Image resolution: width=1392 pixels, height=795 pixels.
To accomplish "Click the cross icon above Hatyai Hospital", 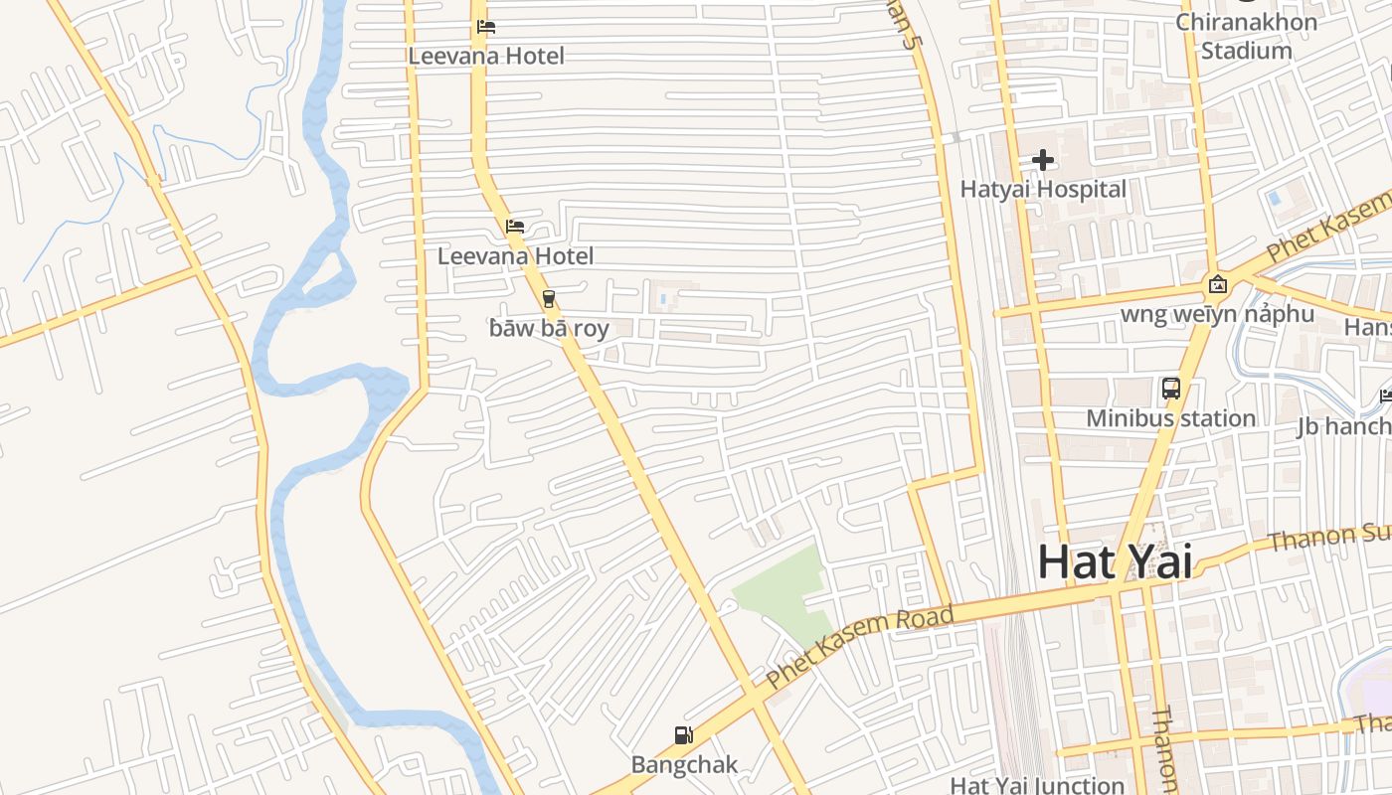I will pyautogui.click(x=1043, y=160).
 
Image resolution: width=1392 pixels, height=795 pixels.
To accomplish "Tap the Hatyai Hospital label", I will pyautogui.click(x=1043, y=189).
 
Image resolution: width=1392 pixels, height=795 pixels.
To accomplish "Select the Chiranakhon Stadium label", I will pyautogui.click(x=1246, y=36).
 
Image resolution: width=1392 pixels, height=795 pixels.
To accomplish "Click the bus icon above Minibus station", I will pyautogui.click(x=1170, y=389).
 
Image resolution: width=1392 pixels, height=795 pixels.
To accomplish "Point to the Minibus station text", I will pyautogui.click(x=1170, y=418).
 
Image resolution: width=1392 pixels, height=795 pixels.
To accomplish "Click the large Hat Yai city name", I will pyautogui.click(x=1115, y=562).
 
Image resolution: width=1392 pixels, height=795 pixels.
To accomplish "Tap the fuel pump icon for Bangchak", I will pyautogui.click(x=684, y=736).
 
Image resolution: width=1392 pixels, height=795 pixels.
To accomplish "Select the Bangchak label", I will pyautogui.click(x=684, y=764).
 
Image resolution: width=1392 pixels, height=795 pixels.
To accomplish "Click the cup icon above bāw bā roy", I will pyautogui.click(x=548, y=299).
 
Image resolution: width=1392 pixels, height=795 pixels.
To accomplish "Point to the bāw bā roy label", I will pyautogui.click(x=549, y=328).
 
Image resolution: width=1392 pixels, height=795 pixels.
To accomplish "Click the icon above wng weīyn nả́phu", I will pyautogui.click(x=1217, y=285).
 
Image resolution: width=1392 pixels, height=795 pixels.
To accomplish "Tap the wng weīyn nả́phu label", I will pyautogui.click(x=1217, y=315).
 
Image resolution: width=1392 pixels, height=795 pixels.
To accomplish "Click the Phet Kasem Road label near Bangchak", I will pyautogui.click(x=861, y=647).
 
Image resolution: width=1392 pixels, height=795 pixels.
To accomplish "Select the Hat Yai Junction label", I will pyautogui.click(x=1037, y=785).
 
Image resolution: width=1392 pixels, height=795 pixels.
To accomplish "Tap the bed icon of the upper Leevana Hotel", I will pyautogui.click(x=486, y=27).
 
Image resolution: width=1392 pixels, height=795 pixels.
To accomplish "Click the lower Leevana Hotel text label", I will pyautogui.click(x=515, y=256).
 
